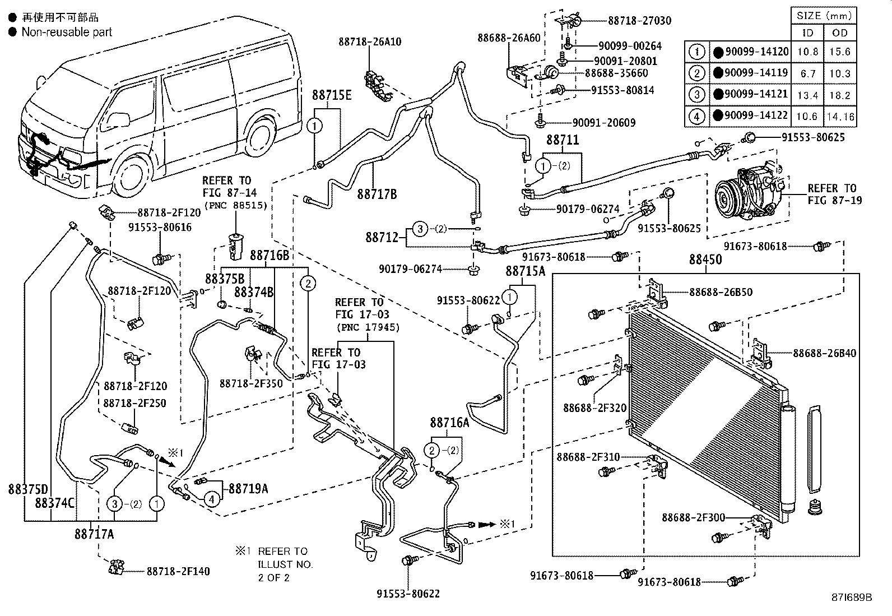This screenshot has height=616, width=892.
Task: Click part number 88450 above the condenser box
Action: coord(705,260)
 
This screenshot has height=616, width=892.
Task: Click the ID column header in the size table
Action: coord(807,33)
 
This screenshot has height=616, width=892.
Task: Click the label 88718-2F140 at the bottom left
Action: coord(178,571)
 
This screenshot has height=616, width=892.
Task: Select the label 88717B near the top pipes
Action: coord(377,194)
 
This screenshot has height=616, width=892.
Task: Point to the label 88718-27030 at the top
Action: coord(639,21)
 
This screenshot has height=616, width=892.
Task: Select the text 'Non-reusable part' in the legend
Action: coord(67,32)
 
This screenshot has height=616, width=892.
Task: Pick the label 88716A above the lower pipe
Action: coord(449,423)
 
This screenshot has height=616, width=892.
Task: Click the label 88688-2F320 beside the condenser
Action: coord(594,408)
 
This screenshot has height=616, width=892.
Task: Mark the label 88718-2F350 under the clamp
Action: coord(251,383)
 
